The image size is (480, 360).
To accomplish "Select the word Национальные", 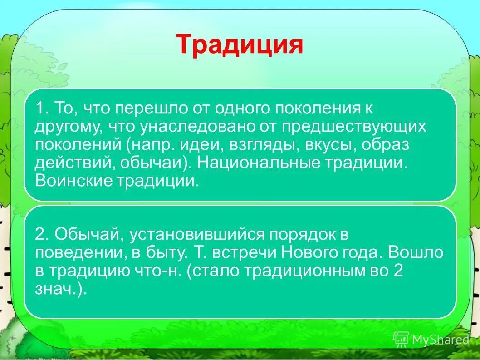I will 257,163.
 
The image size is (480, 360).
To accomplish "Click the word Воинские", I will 67,181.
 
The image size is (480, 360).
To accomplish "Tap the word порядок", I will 299,234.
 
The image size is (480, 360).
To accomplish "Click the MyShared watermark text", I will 440,339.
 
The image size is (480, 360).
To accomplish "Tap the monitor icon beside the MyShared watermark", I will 401,339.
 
